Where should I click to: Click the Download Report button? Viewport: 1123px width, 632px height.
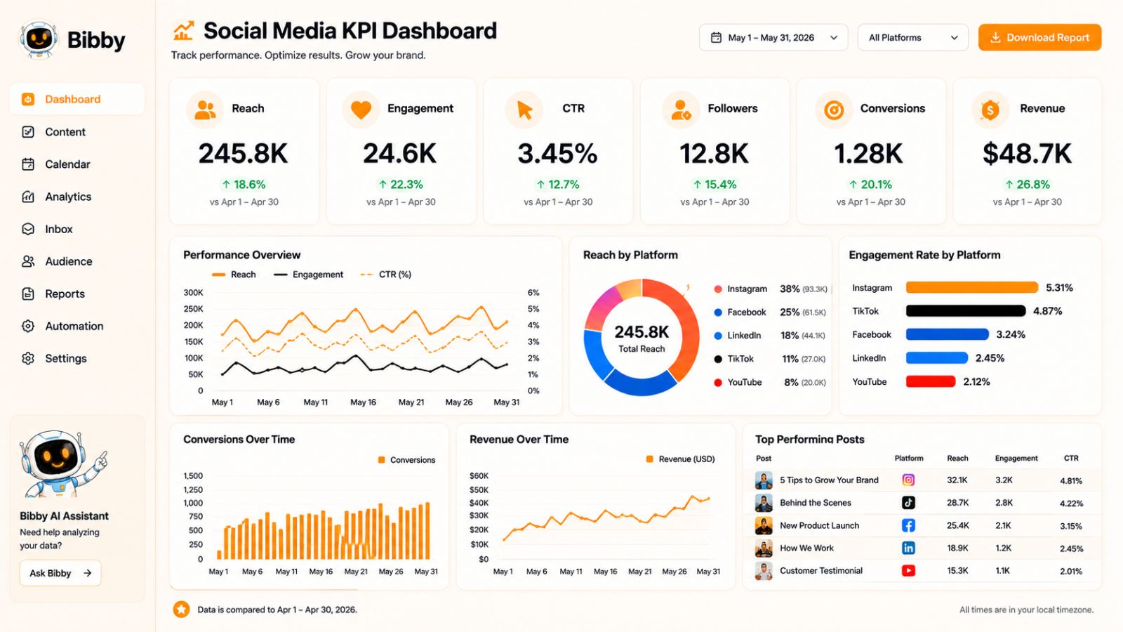1039,38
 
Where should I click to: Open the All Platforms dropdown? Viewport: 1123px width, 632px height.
913,38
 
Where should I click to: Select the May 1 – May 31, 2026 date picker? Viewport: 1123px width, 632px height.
773,38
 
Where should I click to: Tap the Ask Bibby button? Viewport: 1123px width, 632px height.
60,573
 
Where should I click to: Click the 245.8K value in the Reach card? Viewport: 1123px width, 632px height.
243,154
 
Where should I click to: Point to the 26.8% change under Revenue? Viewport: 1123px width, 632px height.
1028,185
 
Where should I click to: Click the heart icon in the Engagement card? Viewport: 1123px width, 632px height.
361,109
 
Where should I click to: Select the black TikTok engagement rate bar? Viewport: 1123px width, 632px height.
966,311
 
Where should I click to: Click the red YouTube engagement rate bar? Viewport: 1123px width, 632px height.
931,382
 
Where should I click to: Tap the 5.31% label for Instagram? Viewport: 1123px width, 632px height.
1059,288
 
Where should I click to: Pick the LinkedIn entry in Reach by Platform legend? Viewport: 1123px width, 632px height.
744,336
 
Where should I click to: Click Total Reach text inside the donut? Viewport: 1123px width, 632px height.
642,348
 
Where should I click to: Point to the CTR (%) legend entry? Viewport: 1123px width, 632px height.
385,275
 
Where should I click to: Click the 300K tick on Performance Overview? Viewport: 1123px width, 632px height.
194,292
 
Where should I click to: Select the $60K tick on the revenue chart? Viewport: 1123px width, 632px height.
479,475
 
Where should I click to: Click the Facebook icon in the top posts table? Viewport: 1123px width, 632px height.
908,525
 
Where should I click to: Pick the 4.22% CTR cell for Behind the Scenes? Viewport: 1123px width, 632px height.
1071,503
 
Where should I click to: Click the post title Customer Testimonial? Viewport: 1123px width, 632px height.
821,571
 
